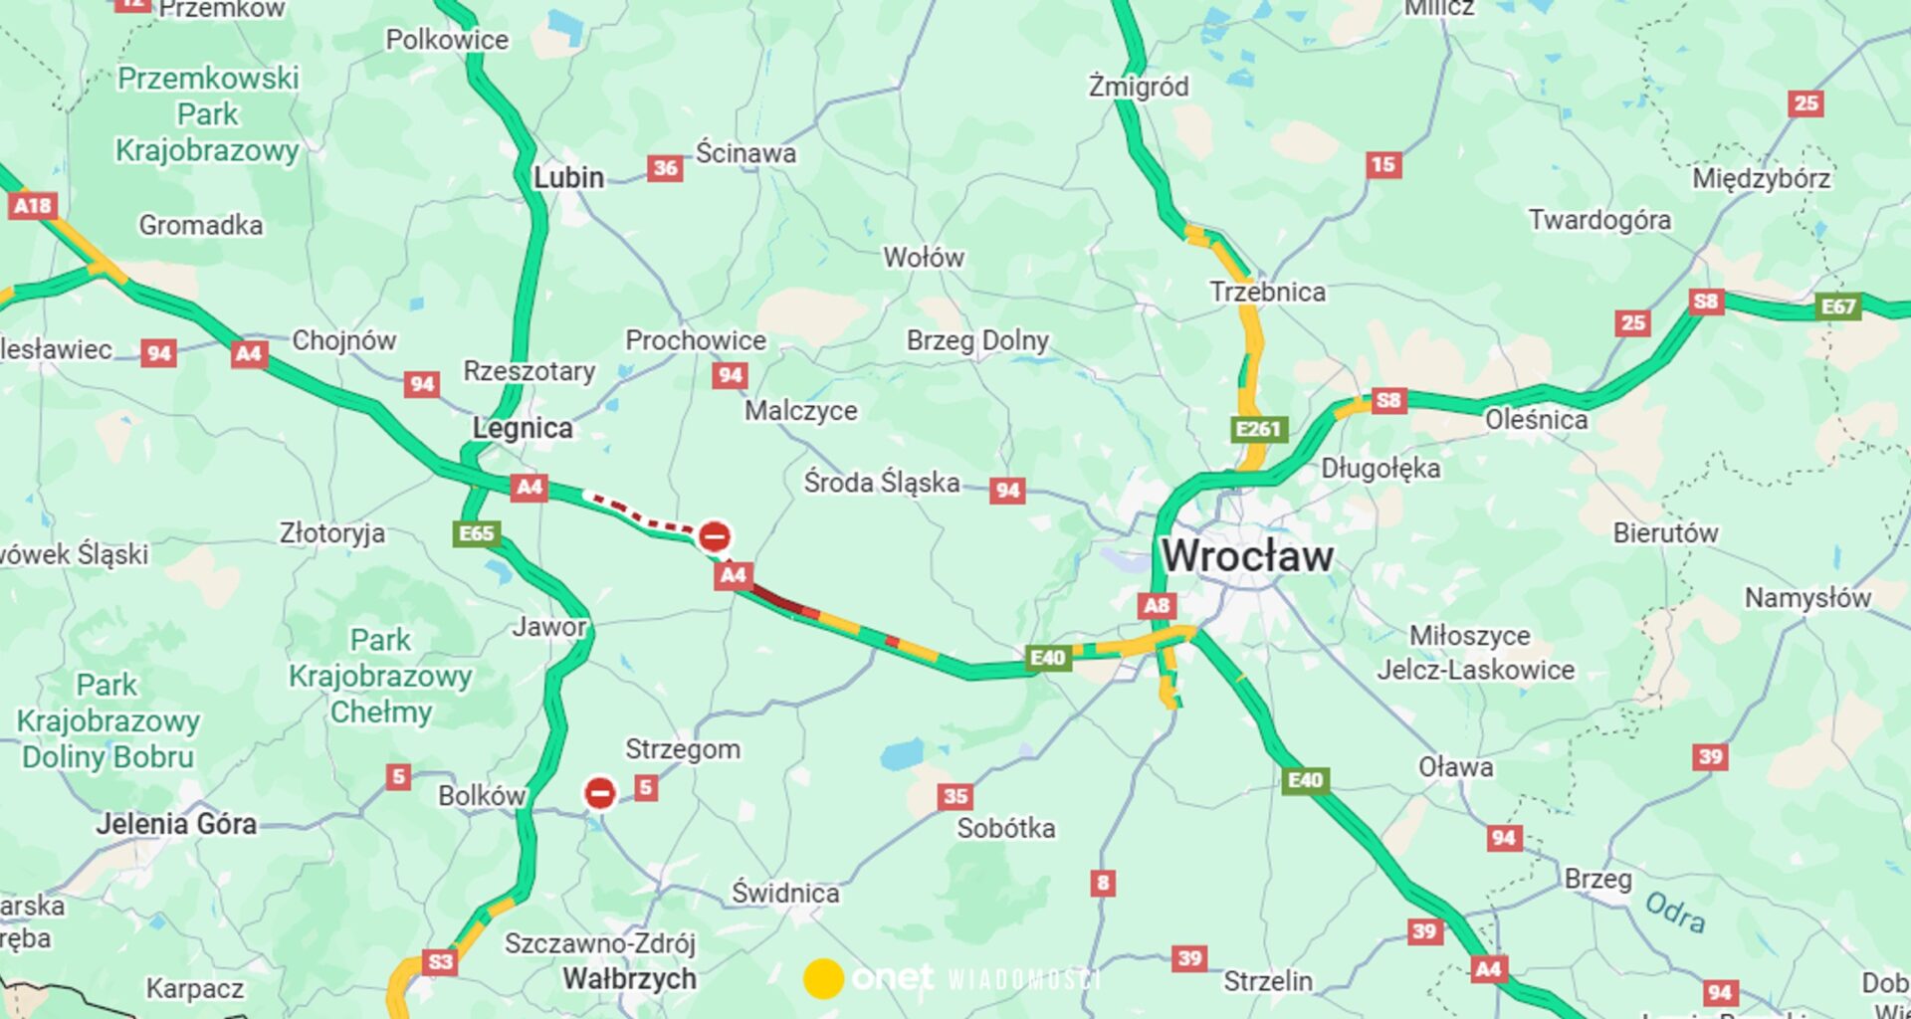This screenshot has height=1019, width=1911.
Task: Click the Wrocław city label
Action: pyautogui.click(x=1247, y=556)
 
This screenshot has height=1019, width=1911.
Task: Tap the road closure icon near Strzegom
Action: pyautogui.click(x=599, y=793)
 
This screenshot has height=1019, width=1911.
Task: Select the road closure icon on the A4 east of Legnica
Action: pyautogui.click(x=714, y=536)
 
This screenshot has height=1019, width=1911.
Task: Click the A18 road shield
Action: pyautogui.click(x=33, y=206)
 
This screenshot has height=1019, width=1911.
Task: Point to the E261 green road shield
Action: pyautogui.click(x=1258, y=429)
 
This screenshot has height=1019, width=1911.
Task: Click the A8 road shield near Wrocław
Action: pyautogui.click(x=1157, y=605)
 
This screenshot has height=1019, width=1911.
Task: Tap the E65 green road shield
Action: pyautogui.click(x=476, y=533)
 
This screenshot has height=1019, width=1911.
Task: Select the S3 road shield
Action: pyautogui.click(x=440, y=961)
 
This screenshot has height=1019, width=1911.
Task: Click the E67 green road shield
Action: pyautogui.click(x=1837, y=306)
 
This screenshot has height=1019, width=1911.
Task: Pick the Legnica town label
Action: pyautogui.click(x=523, y=429)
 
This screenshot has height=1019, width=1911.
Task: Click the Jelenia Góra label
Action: pyautogui.click(x=176, y=824)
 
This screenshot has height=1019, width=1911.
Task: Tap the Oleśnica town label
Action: pyautogui.click(x=1536, y=420)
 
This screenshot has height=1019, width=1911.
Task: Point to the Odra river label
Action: pyautogui.click(x=1675, y=912)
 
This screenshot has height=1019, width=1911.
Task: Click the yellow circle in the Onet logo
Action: pyautogui.click(x=823, y=979)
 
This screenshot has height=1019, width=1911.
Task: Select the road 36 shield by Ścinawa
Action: pyautogui.click(x=665, y=168)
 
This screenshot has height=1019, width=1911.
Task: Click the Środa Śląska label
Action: pyautogui.click(x=882, y=483)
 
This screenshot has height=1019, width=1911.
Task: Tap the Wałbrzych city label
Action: pyautogui.click(x=629, y=979)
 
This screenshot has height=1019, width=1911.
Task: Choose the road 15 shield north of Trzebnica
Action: pyautogui.click(x=1383, y=165)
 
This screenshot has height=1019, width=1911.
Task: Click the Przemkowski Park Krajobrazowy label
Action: pyautogui.click(x=207, y=114)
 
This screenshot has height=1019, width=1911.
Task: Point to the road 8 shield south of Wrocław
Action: pyautogui.click(x=1102, y=883)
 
